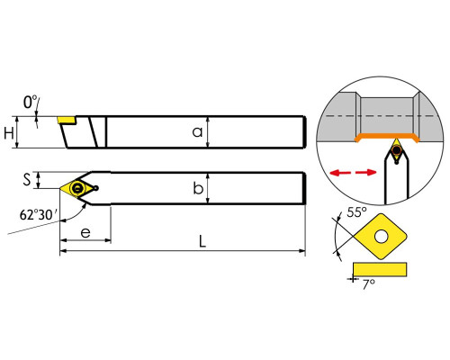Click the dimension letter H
[x=9, y=133]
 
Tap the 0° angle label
[x=31, y=102]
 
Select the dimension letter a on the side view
[x=197, y=132]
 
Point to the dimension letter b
[x=198, y=188]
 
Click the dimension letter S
[x=27, y=180]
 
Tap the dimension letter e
[x=85, y=232]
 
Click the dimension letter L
[x=202, y=241]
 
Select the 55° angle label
[x=356, y=212]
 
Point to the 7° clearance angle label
[x=368, y=284]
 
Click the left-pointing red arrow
[x=340, y=173]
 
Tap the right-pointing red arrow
[x=366, y=172]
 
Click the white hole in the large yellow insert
[x=381, y=237]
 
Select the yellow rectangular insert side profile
[x=380, y=269]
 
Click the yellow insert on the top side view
[x=67, y=120]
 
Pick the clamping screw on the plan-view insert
[x=77, y=188]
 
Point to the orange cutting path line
[x=387, y=137]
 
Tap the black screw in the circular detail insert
[x=397, y=149]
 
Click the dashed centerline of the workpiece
[x=380, y=116]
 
